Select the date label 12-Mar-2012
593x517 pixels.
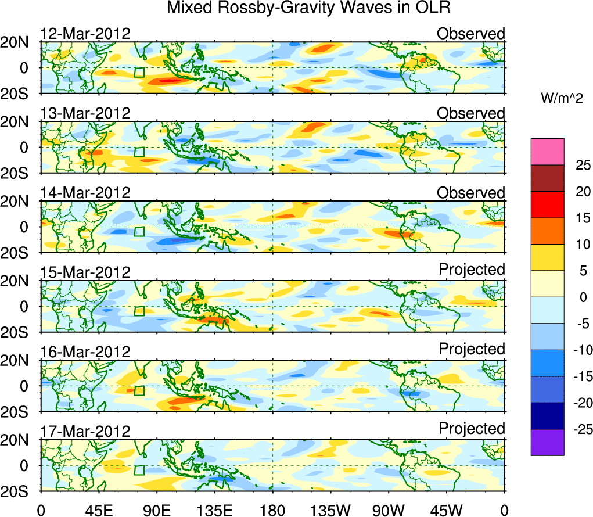click(x=85, y=33)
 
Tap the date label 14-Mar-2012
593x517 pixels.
click(x=85, y=193)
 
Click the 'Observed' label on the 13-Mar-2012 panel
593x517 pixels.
click(x=471, y=113)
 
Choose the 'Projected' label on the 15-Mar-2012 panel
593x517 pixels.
click(x=472, y=270)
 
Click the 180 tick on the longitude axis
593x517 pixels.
click(x=272, y=510)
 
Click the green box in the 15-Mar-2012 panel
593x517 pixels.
click(x=139, y=311)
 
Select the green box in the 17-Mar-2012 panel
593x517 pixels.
click(x=139, y=470)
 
